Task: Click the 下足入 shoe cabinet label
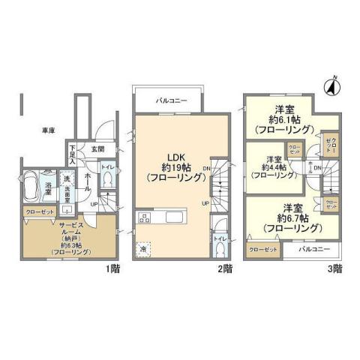(72, 154)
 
